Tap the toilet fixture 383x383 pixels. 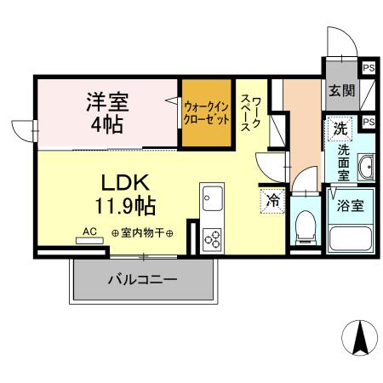coord(303,226)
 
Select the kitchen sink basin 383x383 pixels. coord(209,201)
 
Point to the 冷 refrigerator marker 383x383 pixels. coord(273,202)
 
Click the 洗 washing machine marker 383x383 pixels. coord(340,129)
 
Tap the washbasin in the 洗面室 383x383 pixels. coord(365,167)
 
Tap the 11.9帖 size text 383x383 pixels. coord(125,205)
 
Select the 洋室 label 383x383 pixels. coord(106,102)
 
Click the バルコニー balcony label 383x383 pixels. coord(142,279)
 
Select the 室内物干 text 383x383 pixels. coord(141,232)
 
